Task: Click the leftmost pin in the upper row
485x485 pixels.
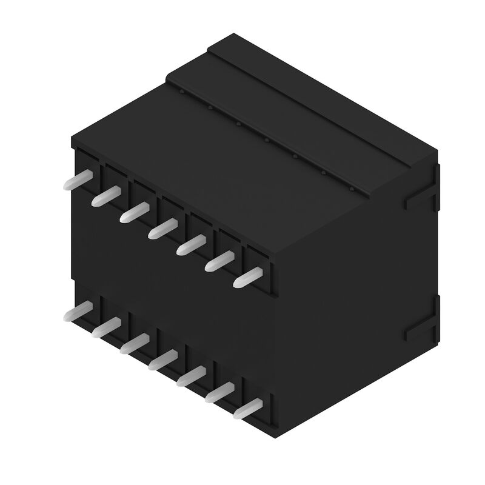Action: click(x=78, y=180)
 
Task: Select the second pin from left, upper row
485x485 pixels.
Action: click(x=106, y=195)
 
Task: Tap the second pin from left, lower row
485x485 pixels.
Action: click(x=106, y=328)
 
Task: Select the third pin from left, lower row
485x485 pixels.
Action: click(x=135, y=344)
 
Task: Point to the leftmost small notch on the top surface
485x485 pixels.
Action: click(x=181, y=92)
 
